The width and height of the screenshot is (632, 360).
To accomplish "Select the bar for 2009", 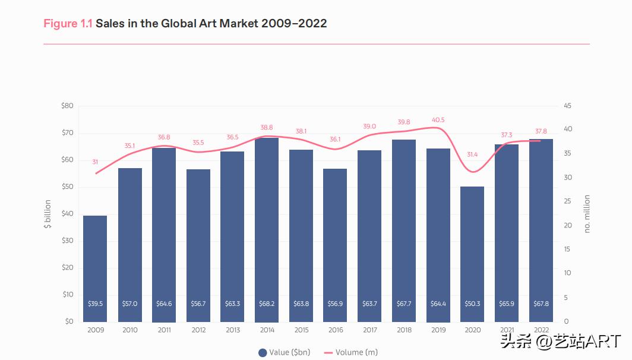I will coord(95,267).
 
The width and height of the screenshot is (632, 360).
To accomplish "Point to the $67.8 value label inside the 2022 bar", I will coord(541,304).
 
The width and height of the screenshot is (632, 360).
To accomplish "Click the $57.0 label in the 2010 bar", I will coord(129,304).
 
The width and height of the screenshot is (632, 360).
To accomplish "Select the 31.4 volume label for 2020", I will coord(472,154).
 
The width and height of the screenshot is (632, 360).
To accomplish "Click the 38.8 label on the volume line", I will coord(267,127).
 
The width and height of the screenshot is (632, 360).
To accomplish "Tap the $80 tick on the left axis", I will coord(67,106).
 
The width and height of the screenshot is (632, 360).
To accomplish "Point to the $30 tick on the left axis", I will coord(67,241).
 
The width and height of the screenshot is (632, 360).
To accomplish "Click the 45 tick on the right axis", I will coord(567,106).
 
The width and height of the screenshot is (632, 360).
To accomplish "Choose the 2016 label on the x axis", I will coord(336,330).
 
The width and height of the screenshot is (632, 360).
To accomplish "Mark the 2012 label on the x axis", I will coord(198,330).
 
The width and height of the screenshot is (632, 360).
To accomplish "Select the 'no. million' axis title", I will coord(587,214).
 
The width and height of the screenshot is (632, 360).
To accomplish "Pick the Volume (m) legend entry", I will coord(351,352).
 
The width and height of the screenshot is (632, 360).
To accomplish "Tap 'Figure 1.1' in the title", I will coord(68,24).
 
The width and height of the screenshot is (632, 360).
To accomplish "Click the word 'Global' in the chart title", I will coord(178,24).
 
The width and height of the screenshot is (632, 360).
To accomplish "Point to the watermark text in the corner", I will coord(561,341).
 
